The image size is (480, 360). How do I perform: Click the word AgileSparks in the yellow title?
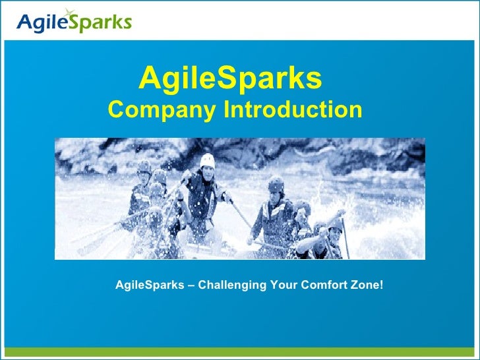[x=230, y=78]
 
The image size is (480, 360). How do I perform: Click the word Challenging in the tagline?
[x=231, y=285]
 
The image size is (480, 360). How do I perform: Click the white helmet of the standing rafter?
[x=208, y=160]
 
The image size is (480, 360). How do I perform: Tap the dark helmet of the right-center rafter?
[x=276, y=183]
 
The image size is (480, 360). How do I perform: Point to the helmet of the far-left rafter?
[x=144, y=166]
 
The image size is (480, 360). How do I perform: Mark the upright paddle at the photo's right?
[x=344, y=234]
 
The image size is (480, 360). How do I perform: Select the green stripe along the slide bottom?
[x=240, y=353]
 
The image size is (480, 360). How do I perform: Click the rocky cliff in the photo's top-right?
[x=389, y=155]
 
